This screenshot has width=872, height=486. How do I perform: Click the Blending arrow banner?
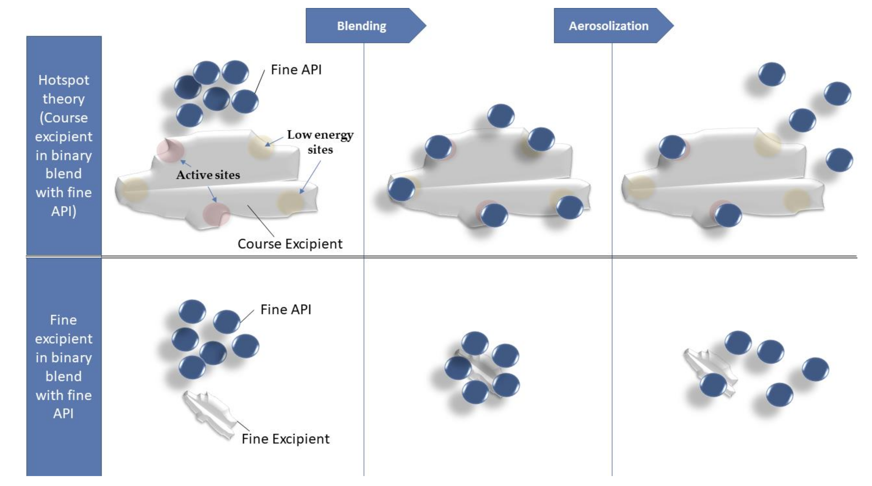361,26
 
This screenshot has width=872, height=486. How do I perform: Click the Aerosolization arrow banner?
609,26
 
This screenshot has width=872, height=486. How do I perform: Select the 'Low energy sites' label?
320,142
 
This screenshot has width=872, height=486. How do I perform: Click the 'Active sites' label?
208,175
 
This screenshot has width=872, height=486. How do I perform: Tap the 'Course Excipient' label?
290,244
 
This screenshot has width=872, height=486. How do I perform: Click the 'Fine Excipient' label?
285,439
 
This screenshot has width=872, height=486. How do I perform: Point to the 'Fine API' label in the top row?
296,70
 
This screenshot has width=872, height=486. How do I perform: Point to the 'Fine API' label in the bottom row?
286,310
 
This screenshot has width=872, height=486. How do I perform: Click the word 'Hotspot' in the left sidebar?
64,80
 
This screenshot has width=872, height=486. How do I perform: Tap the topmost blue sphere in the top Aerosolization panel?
772,74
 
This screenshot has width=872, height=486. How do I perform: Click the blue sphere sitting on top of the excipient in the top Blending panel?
501,116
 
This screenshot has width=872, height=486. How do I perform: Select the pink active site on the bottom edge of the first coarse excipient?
216,214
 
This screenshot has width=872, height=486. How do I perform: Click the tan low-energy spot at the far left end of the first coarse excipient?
134,190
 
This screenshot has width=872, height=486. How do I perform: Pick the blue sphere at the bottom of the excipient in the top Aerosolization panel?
727,215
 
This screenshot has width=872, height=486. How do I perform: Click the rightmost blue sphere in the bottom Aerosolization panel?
815,369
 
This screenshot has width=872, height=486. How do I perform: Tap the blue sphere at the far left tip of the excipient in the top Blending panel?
401,189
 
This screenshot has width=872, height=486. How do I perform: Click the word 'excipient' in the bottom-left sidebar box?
64,339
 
